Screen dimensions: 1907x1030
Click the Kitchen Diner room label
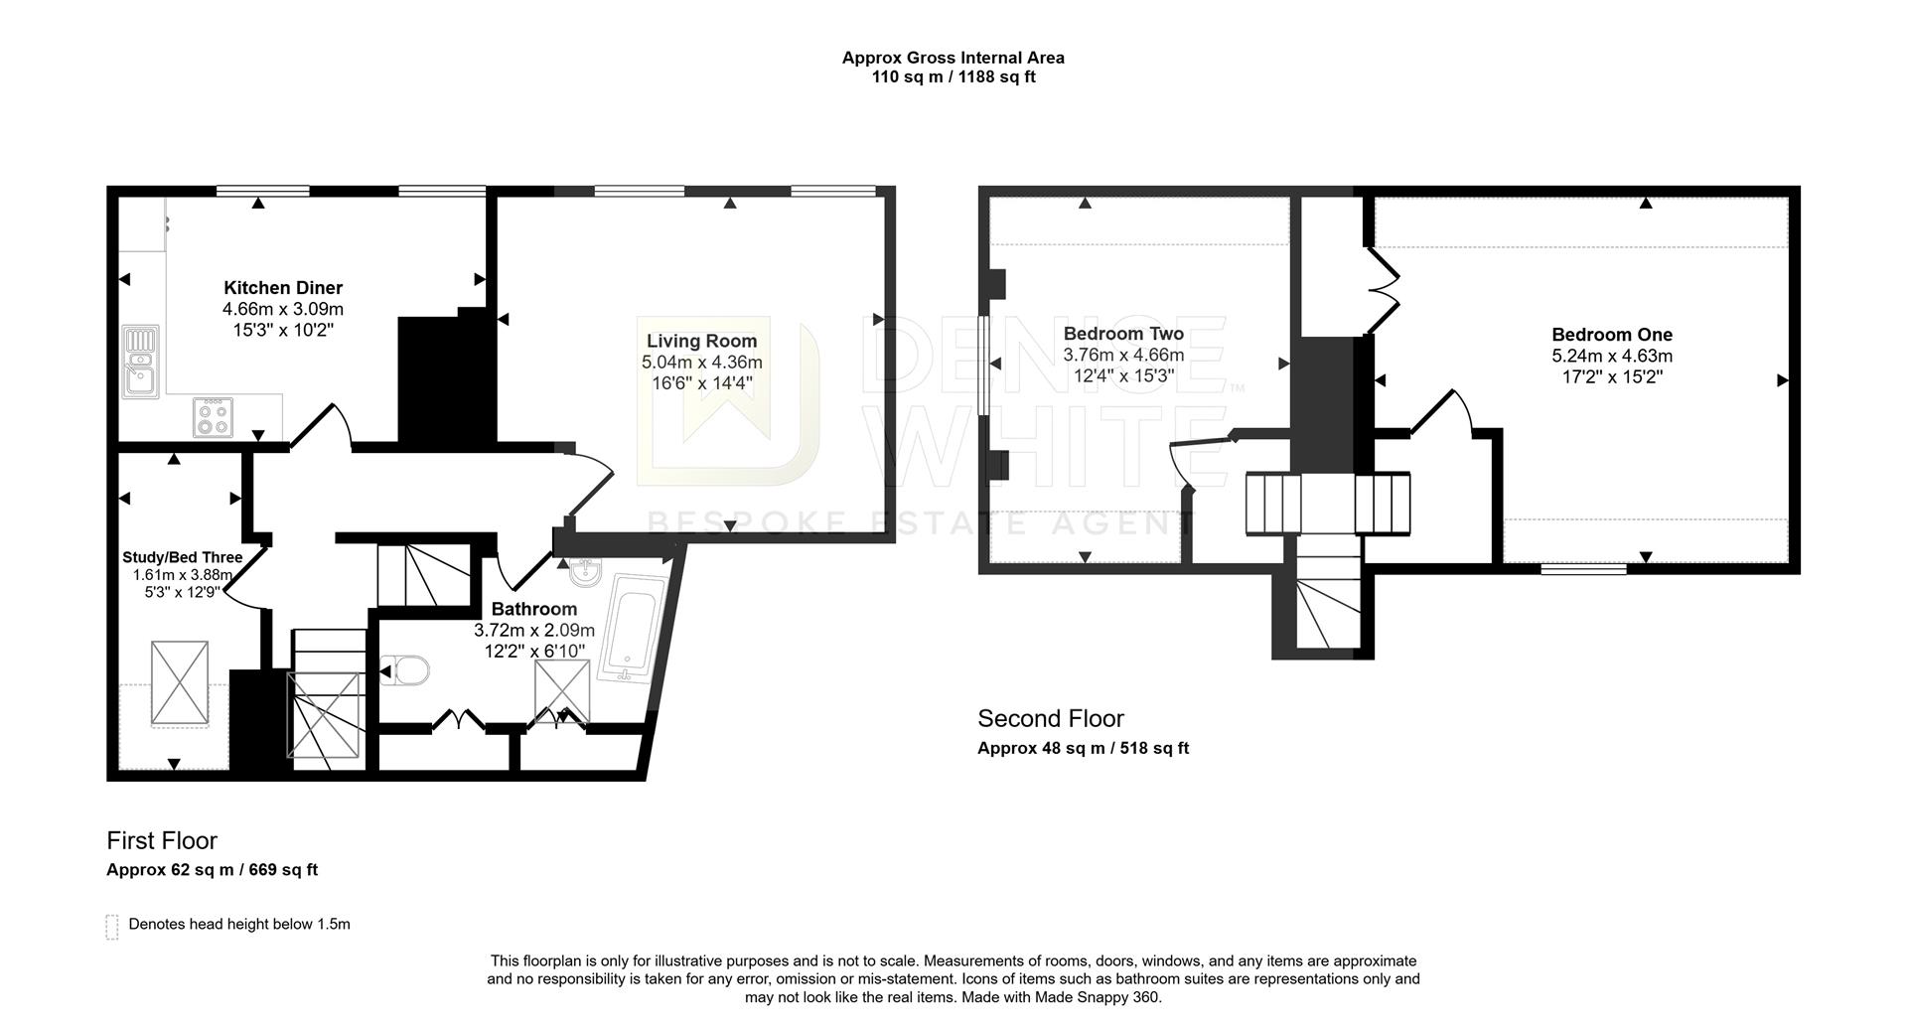[283, 288]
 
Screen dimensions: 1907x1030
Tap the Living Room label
[702, 341]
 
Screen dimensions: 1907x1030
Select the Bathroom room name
[534, 609]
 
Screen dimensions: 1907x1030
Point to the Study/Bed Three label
[182, 557]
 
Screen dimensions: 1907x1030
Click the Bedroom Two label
[1123, 334]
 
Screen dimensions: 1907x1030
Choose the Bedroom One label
[1612, 335]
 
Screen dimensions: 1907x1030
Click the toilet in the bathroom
[405, 671]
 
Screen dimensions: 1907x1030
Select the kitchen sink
[140, 362]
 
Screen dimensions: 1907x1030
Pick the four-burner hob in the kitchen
[214, 417]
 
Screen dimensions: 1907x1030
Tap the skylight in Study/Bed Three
[180, 685]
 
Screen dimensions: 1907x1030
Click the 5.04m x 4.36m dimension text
[702, 363]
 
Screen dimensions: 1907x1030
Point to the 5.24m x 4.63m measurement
[1612, 356]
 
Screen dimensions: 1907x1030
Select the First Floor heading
[162, 840]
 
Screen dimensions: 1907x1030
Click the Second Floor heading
[1051, 718]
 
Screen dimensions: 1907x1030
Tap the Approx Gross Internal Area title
[953, 58]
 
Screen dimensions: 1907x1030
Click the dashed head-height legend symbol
[112, 927]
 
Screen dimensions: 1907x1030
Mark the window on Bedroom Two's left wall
[982, 365]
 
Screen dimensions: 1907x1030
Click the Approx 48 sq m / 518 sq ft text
[1083, 748]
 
